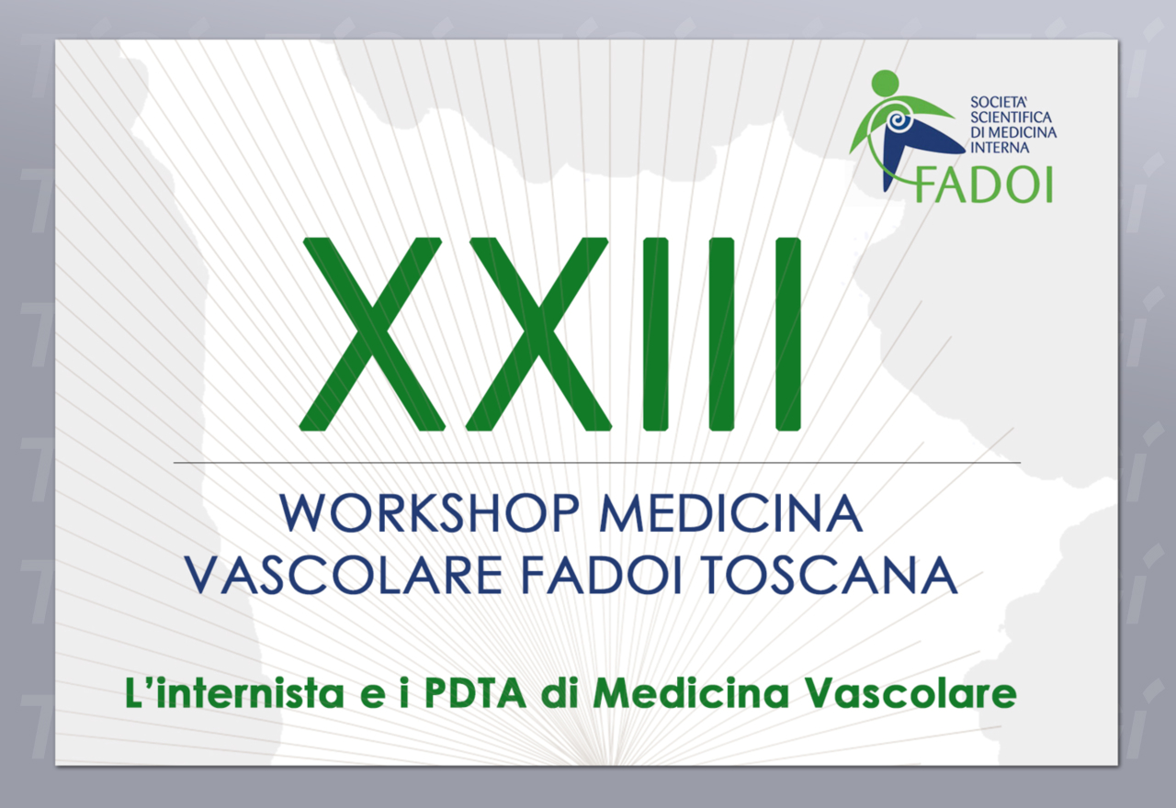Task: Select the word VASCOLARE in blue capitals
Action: coord(344,575)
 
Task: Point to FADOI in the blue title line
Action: coord(602,575)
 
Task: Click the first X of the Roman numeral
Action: coord(370,334)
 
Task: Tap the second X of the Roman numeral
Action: coord(537,334)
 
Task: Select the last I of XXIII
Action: coord(788,334)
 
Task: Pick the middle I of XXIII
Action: coord(721,334)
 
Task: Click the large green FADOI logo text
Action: coord(984,185)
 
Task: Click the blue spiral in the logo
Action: coord(899,123)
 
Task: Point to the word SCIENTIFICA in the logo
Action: coord(1011,117)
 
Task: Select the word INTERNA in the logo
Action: coord(1000,148)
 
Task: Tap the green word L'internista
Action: coord(234,693)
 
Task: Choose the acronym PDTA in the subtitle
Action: coord(475,693)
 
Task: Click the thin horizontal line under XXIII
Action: coord(597,463)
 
